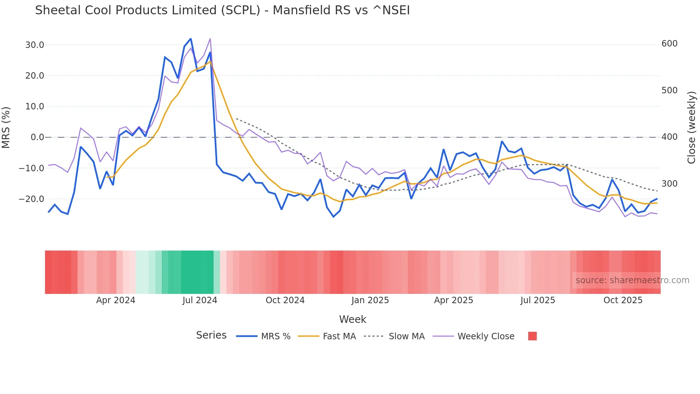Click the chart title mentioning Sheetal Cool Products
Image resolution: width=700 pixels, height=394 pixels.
(222, 10)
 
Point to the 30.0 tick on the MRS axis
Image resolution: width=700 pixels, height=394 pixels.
(35, 45)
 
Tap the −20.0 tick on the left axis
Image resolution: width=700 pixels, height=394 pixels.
(32, 199)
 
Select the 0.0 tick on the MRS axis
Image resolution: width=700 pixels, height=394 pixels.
(37, 137)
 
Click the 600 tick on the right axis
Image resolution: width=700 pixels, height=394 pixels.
(669, 44)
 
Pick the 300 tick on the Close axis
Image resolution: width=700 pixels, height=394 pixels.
(669, 184)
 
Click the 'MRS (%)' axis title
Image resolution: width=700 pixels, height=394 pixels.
(6, 127)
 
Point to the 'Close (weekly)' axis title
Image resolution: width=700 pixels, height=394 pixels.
(691, 128)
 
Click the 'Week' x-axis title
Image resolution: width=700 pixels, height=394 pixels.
(352, 319)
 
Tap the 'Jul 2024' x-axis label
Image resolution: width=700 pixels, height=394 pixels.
(200, 300)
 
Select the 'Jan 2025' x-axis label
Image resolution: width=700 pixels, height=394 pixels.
(370, 300)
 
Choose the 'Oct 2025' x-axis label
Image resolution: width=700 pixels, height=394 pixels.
(623, 300)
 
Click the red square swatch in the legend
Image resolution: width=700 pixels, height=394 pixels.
(532, 336)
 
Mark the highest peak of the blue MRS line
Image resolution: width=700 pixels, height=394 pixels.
(191, 39)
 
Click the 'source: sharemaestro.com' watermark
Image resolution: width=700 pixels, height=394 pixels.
(632, 280)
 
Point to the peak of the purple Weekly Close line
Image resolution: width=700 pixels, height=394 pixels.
(210, 39)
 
